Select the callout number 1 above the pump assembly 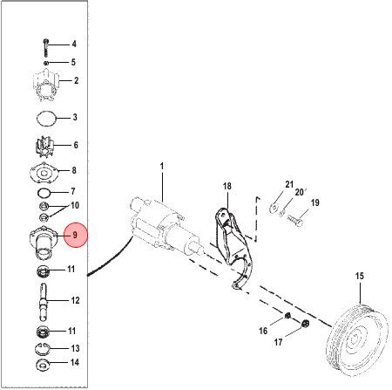point(162,166)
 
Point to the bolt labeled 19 point(295,221)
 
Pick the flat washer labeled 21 point(274,208)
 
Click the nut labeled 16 point(287,315)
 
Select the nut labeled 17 point(305,323)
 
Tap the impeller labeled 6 point(45,146)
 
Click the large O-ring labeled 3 point(45,119)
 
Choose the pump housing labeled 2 point(45,86)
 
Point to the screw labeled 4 point(46,48)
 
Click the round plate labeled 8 point(44,173)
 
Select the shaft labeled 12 point(44,303)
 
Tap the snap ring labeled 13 point(43,349)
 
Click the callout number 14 point(75,362)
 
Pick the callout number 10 point(75,205)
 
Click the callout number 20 point(300,192)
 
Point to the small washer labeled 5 point(46,63)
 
